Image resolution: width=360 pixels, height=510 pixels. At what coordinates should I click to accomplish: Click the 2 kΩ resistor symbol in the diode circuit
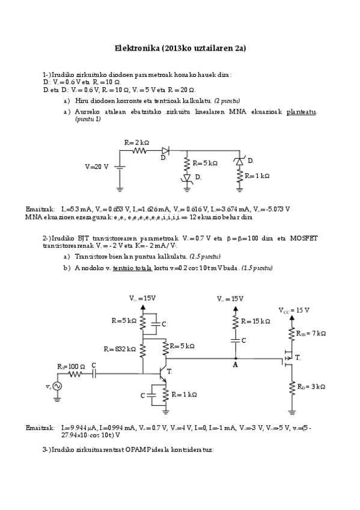point(140,152)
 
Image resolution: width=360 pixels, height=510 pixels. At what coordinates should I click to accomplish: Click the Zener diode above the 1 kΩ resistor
point(240,161)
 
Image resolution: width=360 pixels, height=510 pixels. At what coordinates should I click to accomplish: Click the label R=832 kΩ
point(119,348)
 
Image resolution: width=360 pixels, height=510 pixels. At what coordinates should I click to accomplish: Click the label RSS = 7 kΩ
point(311,333)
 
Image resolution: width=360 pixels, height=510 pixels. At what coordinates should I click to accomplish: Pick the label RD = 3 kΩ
point(310,386)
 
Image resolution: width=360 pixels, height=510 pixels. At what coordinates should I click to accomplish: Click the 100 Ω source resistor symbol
point(77,374)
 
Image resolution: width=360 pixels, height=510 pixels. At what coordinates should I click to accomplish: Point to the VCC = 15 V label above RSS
point(294,310)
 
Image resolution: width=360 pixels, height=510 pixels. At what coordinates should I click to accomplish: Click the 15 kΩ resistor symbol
point(236,322)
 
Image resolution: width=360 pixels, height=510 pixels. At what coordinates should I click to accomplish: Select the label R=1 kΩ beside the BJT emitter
point(184,395)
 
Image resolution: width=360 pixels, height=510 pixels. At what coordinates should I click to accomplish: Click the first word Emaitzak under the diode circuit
point(38,208)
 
